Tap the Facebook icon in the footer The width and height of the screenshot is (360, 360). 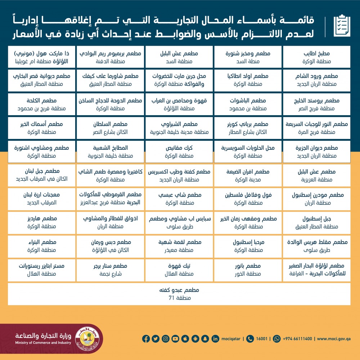[x=146, y=339]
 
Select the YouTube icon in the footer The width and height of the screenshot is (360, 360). [x=175, y=339]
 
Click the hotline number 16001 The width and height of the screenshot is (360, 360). [x=261, y=339]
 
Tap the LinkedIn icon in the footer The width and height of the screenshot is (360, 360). [x=215, y=339]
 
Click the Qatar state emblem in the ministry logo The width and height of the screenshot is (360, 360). [x=89, y=339]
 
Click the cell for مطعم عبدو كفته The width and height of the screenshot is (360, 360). [x=179, y=294]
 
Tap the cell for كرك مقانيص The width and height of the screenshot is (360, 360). [x=179, y=152]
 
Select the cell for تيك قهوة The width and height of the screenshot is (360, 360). [x=179, y=270]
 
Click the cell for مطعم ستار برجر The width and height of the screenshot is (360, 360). [x=111, y=270]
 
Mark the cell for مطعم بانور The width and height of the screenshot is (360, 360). [x=248, y=270]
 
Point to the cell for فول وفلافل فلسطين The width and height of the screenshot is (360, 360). [x=248, y=199]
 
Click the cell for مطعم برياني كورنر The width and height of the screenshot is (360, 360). [x=248, y=128]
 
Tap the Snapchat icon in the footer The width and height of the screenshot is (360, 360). [x=205, y=339]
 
